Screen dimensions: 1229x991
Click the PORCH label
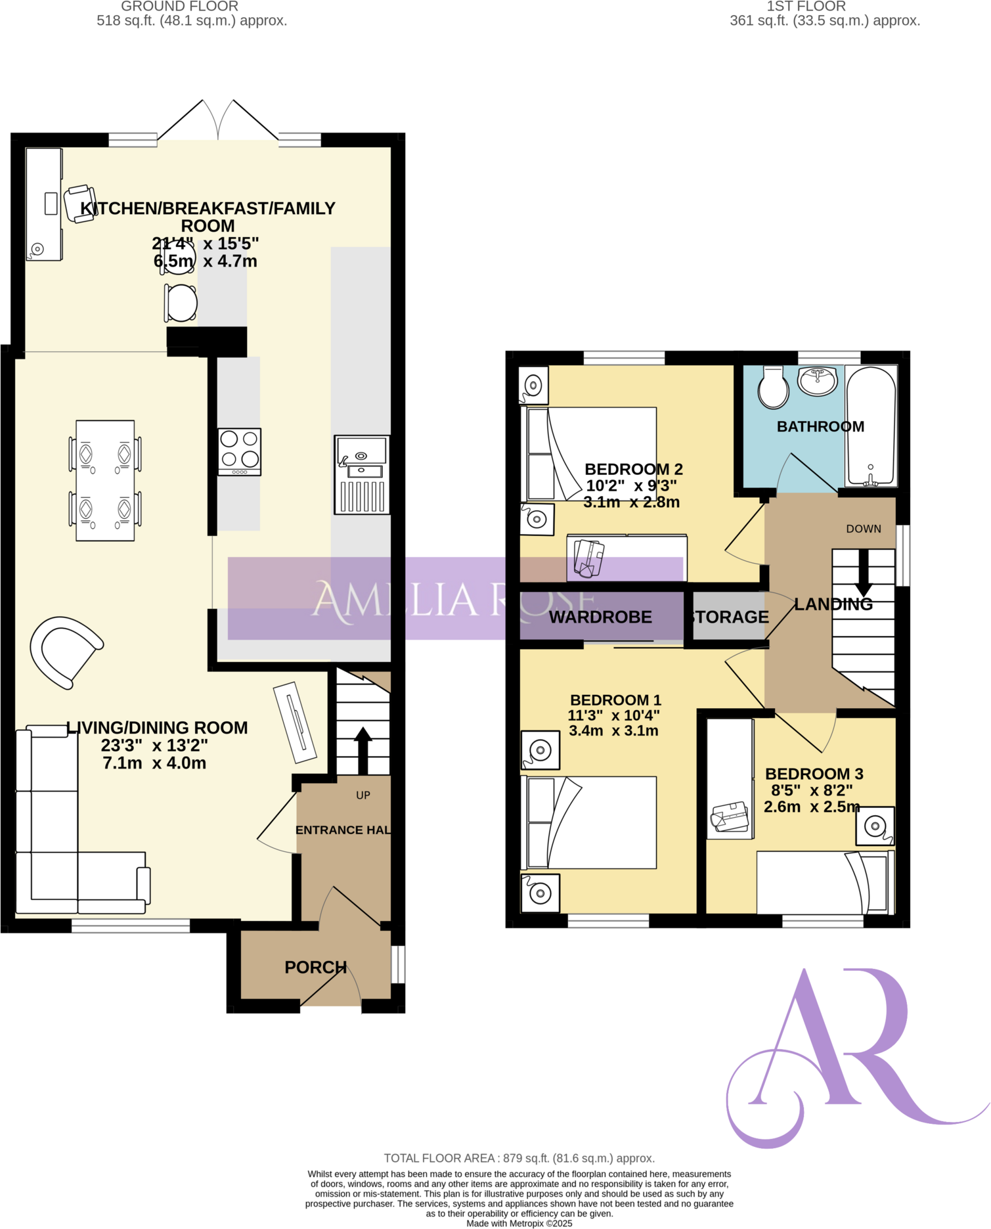[315, 967]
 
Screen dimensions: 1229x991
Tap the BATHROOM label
[820, 426]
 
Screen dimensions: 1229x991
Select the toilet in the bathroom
[773, 388]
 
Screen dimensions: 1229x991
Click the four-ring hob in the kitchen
[240, 452]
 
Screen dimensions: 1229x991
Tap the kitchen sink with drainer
[362, 474]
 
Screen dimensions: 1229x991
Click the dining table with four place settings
[105, 480]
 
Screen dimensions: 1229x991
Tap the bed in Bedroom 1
[589, 822]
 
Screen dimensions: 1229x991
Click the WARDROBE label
[600, 617]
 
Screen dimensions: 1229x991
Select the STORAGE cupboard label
[729, 617]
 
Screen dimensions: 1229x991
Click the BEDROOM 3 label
[814, 774]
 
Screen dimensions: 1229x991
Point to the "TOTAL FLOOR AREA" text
[519, 1158]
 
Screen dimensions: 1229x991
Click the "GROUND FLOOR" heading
[179, 7]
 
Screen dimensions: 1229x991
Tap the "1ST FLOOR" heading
[806, 7]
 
